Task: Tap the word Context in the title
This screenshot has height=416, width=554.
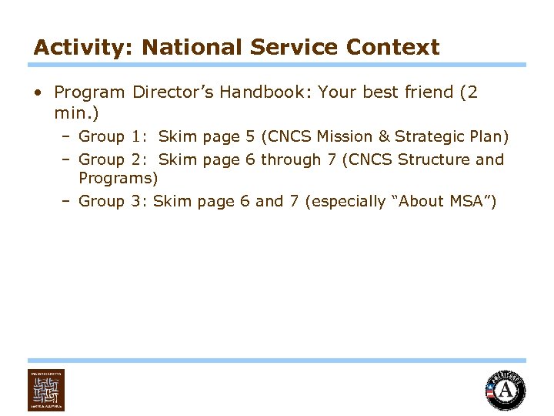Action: (x=392, y=48)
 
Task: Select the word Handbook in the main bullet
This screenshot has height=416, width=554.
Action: (x=261, y=92)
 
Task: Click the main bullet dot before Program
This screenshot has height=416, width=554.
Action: (x=38, y=92)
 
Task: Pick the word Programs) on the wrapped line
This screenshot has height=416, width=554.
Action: (x=118, y=179)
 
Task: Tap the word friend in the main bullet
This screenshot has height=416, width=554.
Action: (x=427, y=92)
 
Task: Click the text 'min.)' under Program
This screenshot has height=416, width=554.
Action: (x=76, y=113)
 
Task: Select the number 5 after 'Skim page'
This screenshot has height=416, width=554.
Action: (x=250, y=137)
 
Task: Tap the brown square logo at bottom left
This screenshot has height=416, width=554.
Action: (x=46, y=390)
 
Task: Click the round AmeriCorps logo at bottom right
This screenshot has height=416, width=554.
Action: (x=506, y=390)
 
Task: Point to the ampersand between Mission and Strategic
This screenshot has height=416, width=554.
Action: (x=385, y=137)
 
